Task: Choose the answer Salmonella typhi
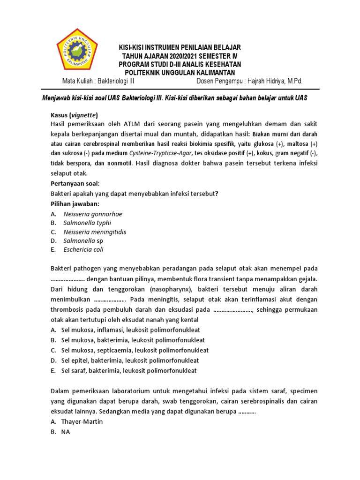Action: [87, 223]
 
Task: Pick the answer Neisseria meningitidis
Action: [95, 232]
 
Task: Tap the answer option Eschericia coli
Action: [83, 250]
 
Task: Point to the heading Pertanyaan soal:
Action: [75, 183]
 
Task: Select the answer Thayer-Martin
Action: [82, 422]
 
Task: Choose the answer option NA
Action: [65, 432]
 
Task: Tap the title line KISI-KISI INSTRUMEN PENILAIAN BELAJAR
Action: [180, 48]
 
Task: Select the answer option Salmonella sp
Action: [83, 241]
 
